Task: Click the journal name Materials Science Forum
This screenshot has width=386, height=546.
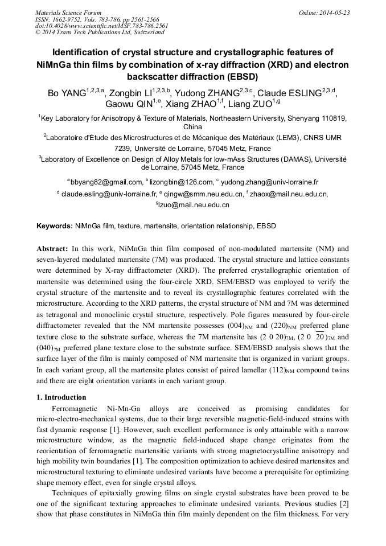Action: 68,13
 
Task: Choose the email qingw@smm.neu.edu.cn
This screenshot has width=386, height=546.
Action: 203,194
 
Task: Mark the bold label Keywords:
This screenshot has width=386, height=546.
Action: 55,226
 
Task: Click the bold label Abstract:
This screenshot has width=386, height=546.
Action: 52,249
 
